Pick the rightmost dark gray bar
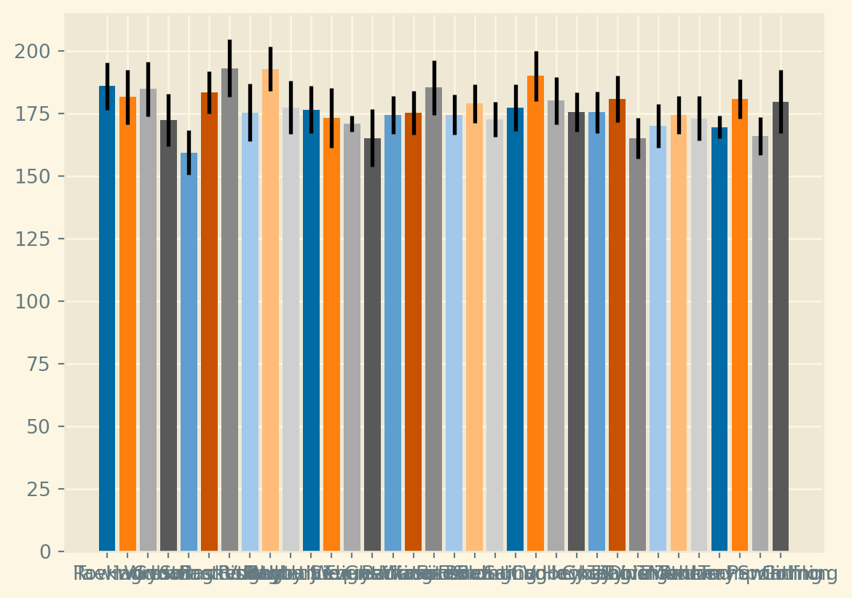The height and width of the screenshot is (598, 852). (781, 327)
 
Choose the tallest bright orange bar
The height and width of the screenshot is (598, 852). (535, 314)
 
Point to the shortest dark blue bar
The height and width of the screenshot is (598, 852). (719, 339)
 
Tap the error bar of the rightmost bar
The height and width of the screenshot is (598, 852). (781, 102)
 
